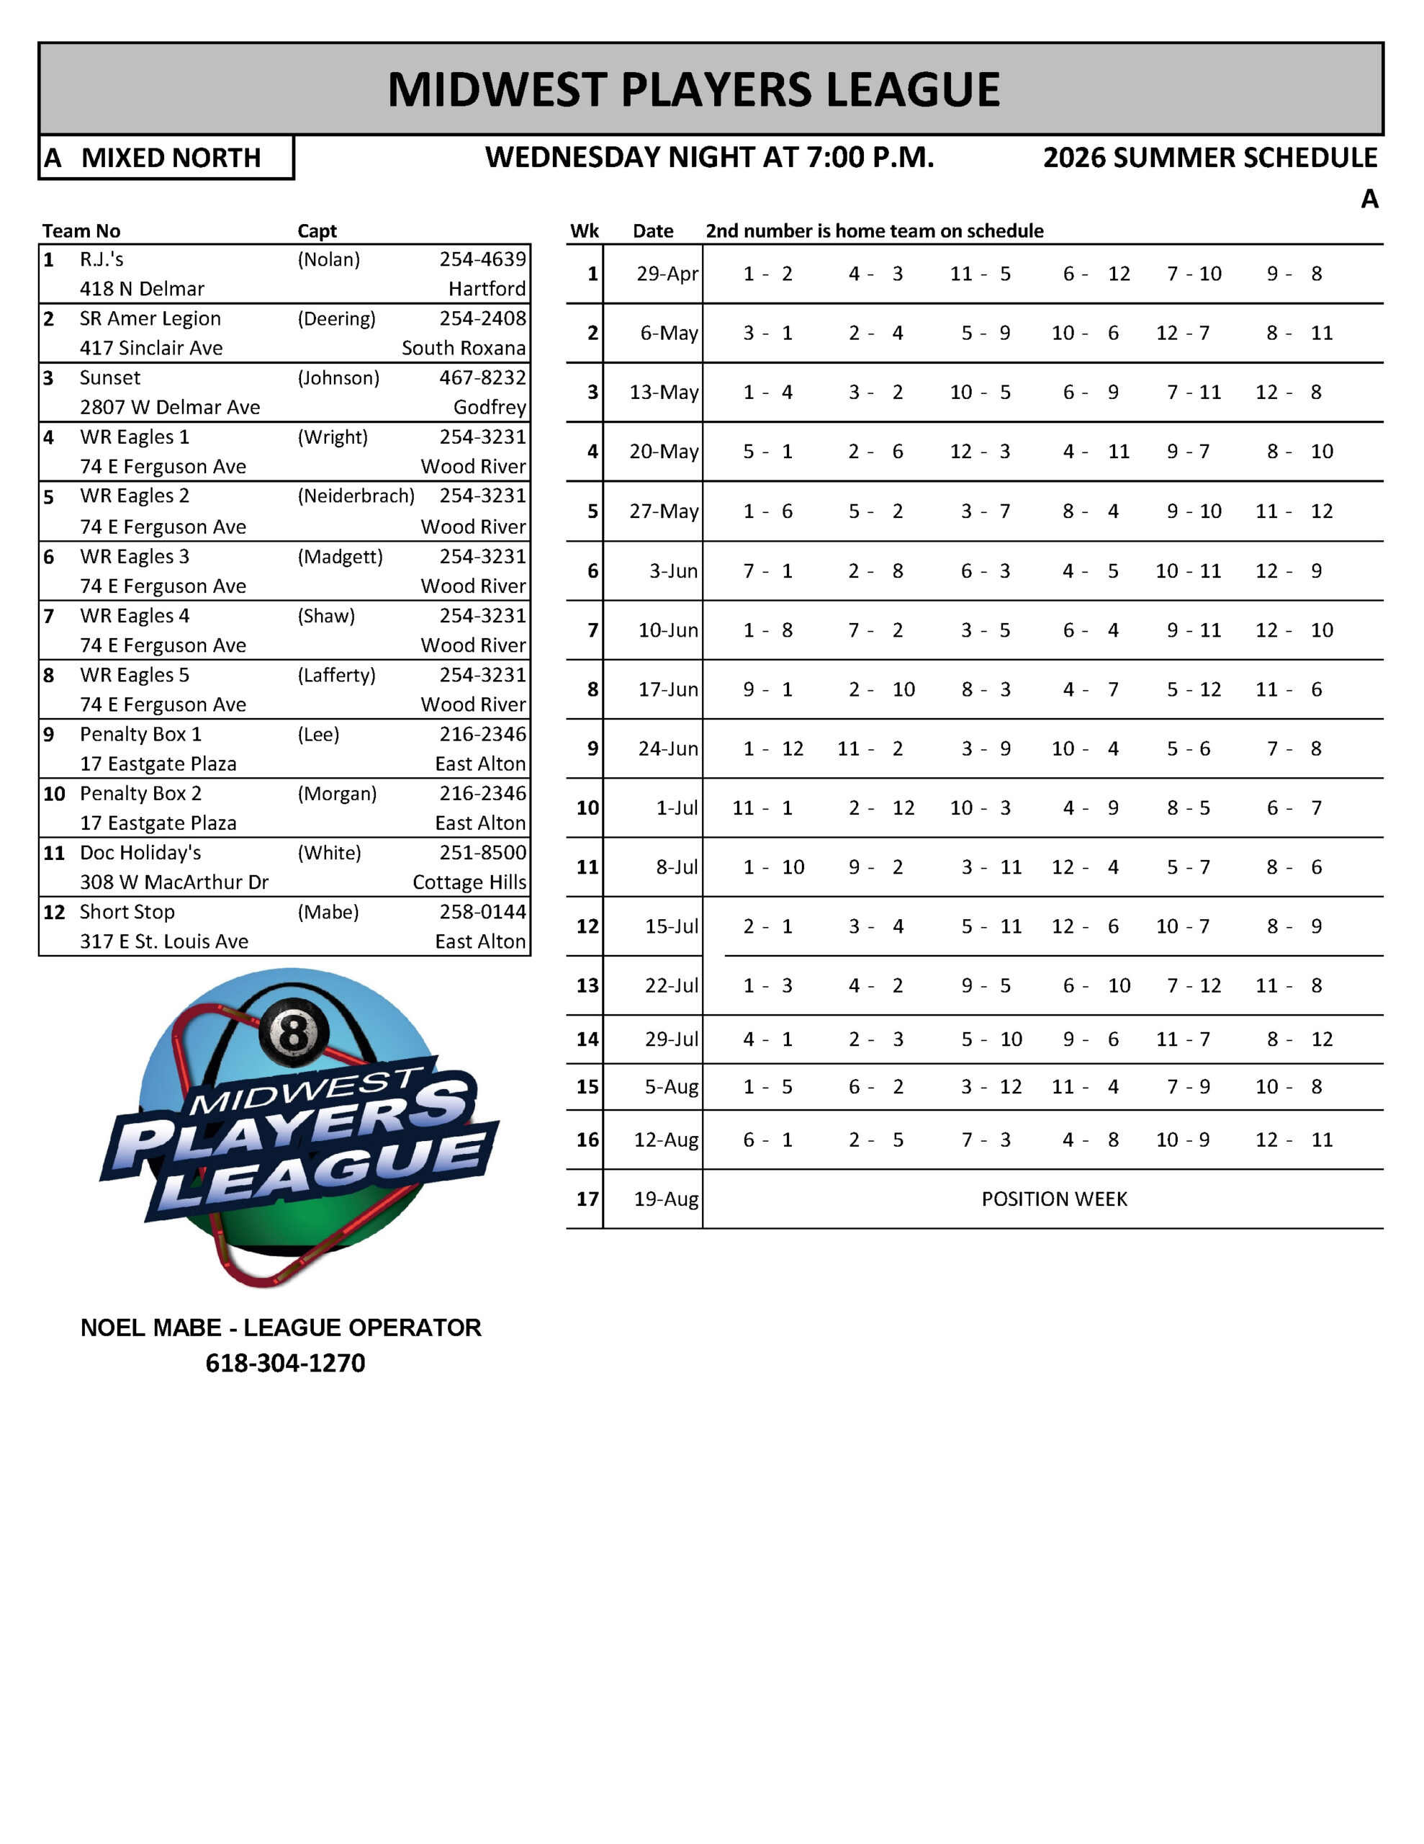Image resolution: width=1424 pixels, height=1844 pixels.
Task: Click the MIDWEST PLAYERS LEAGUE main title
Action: point(693,89)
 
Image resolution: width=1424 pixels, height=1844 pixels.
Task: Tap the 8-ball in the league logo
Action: point(293,1031)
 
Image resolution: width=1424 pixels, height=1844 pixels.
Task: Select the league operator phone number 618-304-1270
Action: point(285,1363)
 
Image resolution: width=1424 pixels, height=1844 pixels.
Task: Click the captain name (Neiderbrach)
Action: point(356,496)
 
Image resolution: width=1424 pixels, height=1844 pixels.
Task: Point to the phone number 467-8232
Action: point(482,377)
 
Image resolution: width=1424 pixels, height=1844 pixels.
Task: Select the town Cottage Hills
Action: point(469,882)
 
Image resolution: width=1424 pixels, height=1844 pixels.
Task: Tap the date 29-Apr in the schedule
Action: point(667,274)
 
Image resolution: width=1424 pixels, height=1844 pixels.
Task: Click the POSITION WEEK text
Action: point(1053,1199)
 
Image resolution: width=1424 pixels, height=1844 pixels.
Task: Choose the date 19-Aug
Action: point(666,1199)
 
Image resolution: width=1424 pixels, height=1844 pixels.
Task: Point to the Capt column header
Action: point(317,231)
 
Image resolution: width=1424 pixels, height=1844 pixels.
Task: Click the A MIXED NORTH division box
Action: point(166,158)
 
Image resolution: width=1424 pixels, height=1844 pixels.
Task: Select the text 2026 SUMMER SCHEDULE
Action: point(1209,158)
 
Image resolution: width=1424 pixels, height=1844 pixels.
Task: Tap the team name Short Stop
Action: point(127,912)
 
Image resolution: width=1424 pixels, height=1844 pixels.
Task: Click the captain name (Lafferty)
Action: point(336,675)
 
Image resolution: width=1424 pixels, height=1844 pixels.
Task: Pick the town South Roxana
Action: point(464,348)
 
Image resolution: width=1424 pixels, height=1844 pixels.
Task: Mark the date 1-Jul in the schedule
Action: point(677,808)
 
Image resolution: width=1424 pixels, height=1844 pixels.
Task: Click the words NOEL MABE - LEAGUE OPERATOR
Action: point(280,1328)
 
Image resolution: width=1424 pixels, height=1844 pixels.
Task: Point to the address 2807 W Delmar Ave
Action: point(170,407)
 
